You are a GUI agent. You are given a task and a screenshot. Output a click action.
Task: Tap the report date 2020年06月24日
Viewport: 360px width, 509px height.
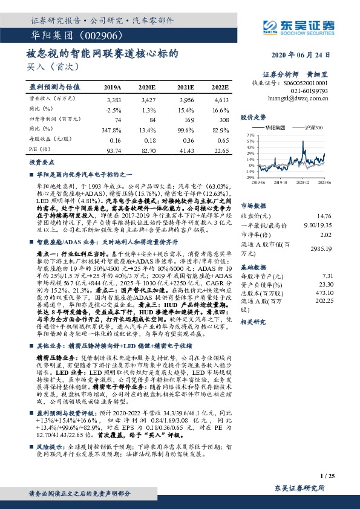pos(306,54)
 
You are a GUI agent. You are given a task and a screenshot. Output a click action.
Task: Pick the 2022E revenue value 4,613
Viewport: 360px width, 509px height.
pos(221,98)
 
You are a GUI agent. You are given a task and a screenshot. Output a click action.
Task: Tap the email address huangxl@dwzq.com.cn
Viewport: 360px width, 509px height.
pos(297,96)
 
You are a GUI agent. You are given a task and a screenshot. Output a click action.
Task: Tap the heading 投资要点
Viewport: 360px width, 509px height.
pos(39,163)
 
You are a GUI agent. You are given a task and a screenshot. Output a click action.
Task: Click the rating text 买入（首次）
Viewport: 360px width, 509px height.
pos(50,66)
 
